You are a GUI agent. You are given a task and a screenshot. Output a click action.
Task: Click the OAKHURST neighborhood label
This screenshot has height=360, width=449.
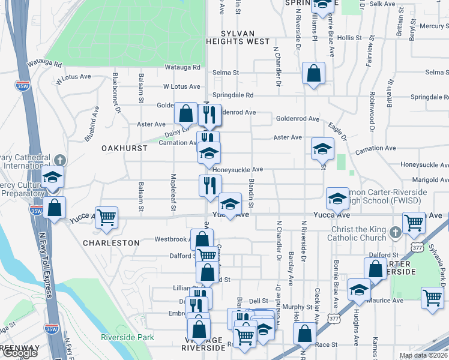tap(120, 147)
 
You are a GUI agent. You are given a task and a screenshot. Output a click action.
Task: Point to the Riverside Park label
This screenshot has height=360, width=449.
tap(127, 338)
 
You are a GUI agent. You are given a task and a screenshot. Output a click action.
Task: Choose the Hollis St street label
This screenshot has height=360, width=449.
tap(349, 37)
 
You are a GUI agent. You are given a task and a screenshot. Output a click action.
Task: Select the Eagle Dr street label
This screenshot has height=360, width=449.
tap(337, 132)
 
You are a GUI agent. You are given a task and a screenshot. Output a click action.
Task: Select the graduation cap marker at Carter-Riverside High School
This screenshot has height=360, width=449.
tap(338, 198)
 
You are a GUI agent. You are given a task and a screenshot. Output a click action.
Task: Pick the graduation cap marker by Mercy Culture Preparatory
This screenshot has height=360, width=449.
tap(53, 177)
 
